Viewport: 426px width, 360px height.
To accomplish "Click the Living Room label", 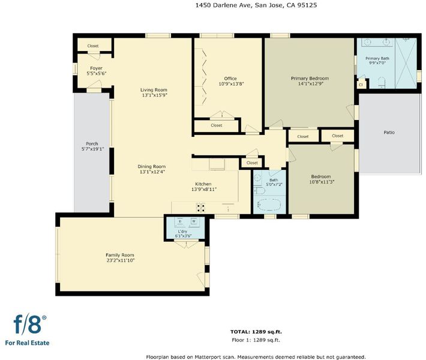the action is coord(154,90).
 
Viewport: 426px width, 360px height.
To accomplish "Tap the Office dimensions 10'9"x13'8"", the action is coord(231,84).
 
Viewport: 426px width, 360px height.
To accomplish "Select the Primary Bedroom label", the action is coord(310,79).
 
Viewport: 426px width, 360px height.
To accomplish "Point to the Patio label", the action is coord(389,133).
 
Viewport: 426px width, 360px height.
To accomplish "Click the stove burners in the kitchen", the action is coord(201,208).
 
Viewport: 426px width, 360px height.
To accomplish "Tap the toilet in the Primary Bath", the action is coord(382,83).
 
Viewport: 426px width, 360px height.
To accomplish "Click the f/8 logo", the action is coord(29,325).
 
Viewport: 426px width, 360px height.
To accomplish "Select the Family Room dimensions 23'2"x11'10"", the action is coord(121,260).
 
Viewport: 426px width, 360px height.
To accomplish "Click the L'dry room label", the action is coord(182,232).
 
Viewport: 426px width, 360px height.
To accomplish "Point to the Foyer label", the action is coord(96,68).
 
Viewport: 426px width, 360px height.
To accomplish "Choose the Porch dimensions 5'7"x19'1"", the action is coord(92,149).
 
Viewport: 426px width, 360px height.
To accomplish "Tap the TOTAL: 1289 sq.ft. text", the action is coord(256,332).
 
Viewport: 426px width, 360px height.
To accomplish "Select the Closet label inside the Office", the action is coord(217,125).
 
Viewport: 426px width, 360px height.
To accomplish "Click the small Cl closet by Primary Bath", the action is coord(361,85).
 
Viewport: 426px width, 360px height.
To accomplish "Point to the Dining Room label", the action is coord(152,167).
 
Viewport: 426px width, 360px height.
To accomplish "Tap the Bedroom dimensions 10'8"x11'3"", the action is coord(322,182).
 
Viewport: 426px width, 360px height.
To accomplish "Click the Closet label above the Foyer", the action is coord(93,46).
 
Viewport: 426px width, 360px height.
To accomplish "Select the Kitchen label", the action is coord(203,184).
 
